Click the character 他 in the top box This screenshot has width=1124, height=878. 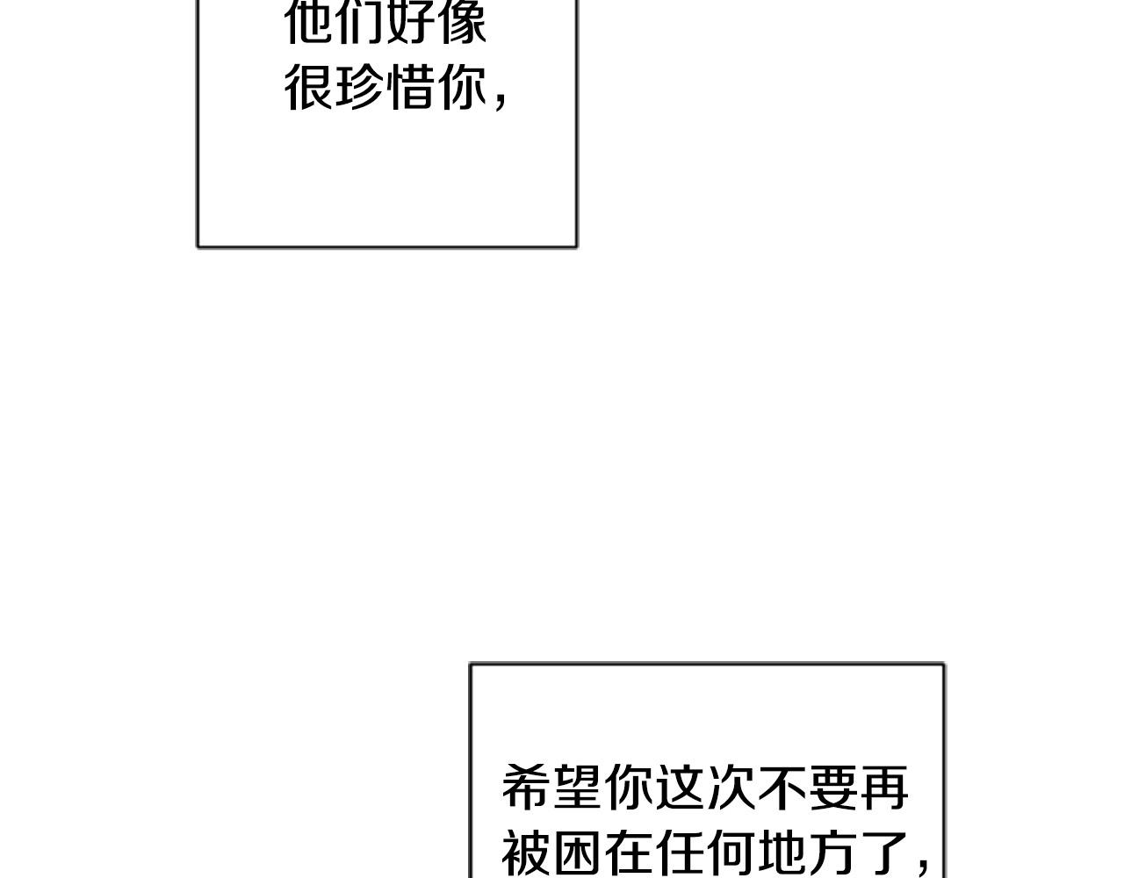[310, 22]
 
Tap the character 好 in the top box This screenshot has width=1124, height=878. [411, 22]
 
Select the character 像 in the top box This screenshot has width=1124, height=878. [462, 22]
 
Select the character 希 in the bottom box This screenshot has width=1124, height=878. [527, 787]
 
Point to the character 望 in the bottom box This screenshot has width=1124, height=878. [578, 787]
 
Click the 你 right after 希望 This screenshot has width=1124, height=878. [629, 787]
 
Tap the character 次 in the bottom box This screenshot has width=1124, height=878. [731, 787]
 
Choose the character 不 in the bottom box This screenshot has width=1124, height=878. [782, 787]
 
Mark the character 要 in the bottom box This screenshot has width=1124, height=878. [832, 787]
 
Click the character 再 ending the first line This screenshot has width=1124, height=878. [883, 787]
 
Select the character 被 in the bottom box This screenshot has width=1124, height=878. [527, 851]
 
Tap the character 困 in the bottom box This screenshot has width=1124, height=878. [578, 851]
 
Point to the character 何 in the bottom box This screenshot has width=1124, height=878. [731, 851]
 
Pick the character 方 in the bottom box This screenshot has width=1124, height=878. [832, 851]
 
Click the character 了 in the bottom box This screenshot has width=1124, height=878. [883, 851]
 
